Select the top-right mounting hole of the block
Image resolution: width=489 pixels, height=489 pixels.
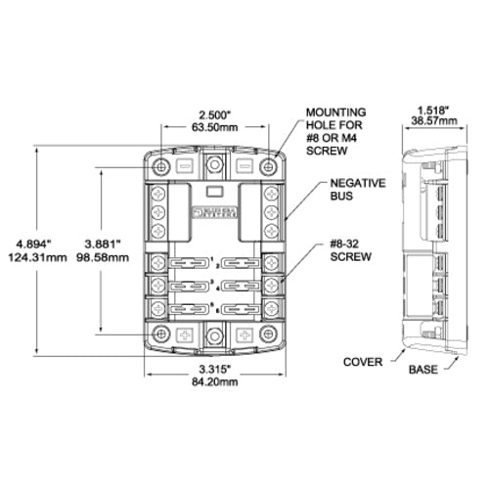(269, 167)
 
